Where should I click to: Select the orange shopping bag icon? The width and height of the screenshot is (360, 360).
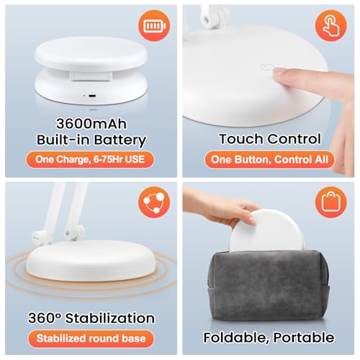[x=331, y=205]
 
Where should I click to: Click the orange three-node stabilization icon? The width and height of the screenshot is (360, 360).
[x=153, y=205]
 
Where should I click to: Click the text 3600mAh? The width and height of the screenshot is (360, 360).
[x=90, y=122]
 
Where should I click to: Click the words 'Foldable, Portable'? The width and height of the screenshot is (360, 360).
[x=269, y=336]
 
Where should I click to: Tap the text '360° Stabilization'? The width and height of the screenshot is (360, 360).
[x=90, y=318]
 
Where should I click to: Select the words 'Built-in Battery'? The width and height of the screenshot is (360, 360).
[x=90, y=140]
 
